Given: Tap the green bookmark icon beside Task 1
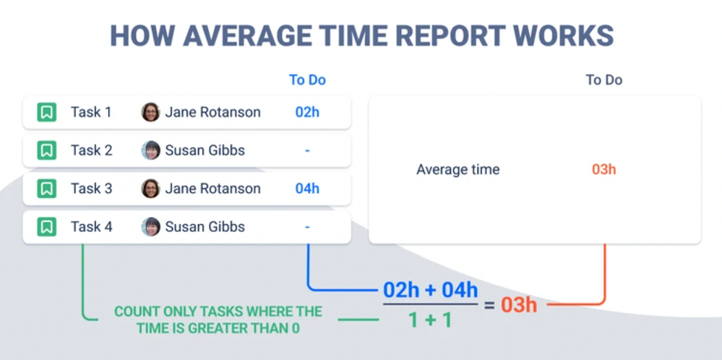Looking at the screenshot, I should [x=47, y=112].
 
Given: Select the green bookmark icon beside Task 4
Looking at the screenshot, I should [x=47, y=227].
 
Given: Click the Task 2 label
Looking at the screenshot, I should [x=91, y=150].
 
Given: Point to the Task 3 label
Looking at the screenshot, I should [x=91, y=189].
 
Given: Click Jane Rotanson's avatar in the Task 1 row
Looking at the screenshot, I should [x=150, y=112].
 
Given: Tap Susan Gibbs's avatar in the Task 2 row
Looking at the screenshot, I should [x=150, y=150].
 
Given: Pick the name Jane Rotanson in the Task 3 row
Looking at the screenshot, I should [x=212, y=189].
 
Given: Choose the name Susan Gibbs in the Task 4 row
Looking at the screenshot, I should [x=205, y=227].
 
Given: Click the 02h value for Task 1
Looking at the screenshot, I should [x=307, y=112].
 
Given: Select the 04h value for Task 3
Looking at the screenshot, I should [x=307, y=189].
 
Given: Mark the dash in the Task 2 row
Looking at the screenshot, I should [x=307, y=150].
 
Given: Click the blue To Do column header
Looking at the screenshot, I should [x=307, y=80].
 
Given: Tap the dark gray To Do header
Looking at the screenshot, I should [x=603, y=80].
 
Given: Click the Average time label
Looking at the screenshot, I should [x=457, y=170].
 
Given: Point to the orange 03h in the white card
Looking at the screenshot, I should [x=603, y=170].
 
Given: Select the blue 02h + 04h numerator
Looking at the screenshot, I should [x=430, y=290].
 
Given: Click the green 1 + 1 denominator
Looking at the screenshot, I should [x=430, y=319].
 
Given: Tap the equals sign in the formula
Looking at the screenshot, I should [x=489, y=305].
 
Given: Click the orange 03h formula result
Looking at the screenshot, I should [x=519, y=305].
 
